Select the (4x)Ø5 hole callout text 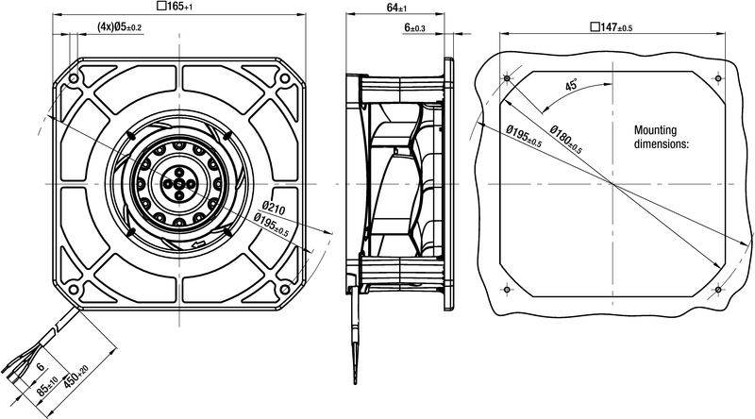[x=120, y=27]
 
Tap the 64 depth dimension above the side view [x=396, y=8]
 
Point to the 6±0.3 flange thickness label [x=414, y=28]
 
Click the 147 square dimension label [x=612, y=27]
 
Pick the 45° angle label [x=571, y=85]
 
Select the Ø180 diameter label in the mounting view [x=565, y=139]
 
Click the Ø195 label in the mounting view [x=524, y=136]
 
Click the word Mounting [x=655, y=130]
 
